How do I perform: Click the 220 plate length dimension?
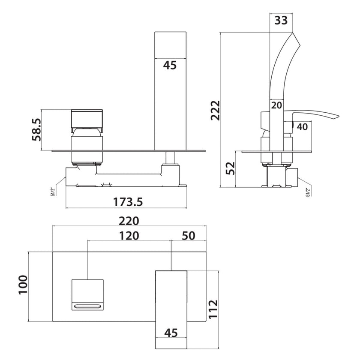[x=129, y=222]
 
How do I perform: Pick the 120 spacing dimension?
[x=129, y=236]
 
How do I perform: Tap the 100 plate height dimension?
[x=23, y=285]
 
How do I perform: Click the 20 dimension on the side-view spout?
[x=276, y=105]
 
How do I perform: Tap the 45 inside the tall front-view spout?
[x=170, y=65]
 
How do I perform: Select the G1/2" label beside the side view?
[x=307, y=190]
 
